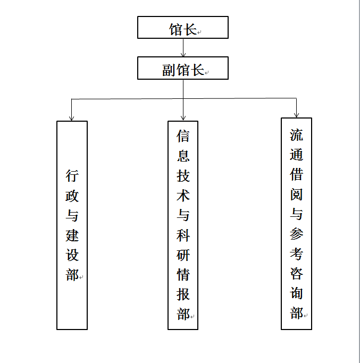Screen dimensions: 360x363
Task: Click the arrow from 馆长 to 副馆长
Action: tap(183, 48)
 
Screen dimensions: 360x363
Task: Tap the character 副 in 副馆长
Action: tap(169, 70)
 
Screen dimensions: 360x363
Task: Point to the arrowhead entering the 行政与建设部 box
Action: tap(72, 117)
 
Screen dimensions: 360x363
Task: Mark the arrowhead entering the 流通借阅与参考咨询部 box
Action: tap(296, 115)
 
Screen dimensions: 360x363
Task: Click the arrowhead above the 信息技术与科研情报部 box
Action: tap(183, 117)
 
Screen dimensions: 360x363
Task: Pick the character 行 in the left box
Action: tap(72, 176)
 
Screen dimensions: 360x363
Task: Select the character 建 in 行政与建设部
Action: tap(72, 235)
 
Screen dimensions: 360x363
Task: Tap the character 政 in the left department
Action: tap(72, 196)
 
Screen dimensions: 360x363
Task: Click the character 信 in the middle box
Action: tap(183, 136)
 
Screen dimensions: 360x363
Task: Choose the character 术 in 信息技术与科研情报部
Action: tap(183, 196)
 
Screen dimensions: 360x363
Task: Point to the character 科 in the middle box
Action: tap(183, 235)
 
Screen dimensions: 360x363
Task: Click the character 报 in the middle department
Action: tap(183, 294)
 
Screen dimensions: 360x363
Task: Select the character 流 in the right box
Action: tap(296, 135)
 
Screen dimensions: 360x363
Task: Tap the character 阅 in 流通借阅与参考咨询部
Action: tap(296, 194)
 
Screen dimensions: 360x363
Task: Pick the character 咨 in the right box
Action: tap(296, 273)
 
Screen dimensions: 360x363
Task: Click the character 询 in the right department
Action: tap(296, 293)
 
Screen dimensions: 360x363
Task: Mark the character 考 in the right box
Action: tap(296, 254)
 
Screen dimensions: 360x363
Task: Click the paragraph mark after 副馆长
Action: tap(207, 73)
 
